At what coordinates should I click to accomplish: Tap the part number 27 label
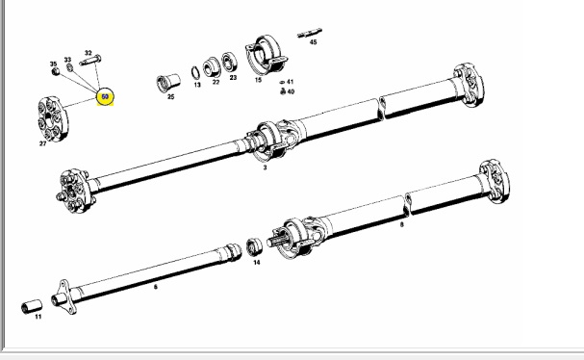(x=42, y=144)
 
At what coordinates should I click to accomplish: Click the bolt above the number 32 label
(x=90, y=64)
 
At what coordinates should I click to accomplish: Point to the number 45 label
(x=313, y=42)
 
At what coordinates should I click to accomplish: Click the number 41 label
(x=290, y=82)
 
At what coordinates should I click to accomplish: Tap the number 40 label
(x=290, y=92)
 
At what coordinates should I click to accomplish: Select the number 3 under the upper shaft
(x=265, y=167)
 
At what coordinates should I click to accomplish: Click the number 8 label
(x=401, y=224)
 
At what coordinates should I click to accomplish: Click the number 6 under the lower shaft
(x=157, y=286)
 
